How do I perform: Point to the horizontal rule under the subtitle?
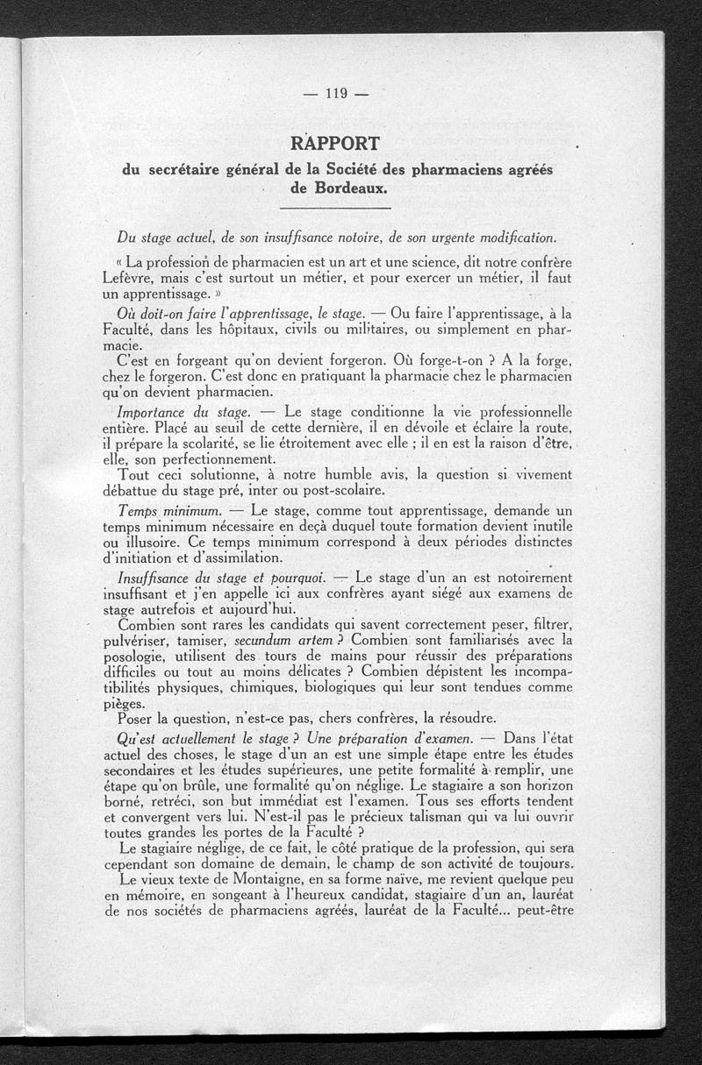pyautogui.click(x=334, y=208)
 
